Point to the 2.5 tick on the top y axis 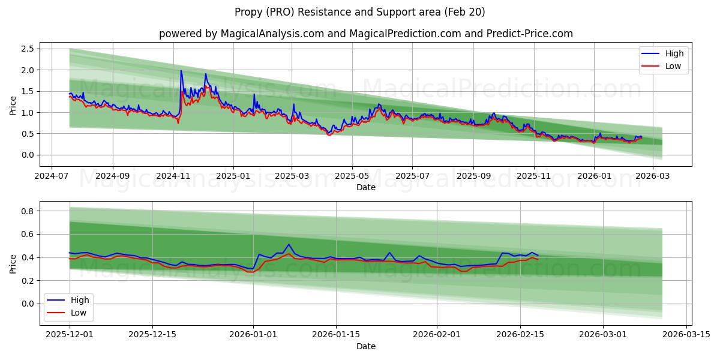coord(27,49)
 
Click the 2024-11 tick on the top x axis coord(173,176)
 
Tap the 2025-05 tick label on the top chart coord(352,176)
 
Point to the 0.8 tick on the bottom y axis coord(27,211)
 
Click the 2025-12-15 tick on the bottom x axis coord(152,334)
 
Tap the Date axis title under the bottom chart coord(365,346)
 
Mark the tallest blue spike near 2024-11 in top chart coord(181,71)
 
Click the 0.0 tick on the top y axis coord(27,155)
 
